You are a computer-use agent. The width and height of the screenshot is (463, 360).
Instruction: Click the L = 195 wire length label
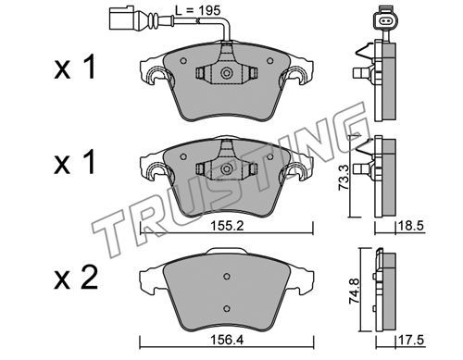[198, 10]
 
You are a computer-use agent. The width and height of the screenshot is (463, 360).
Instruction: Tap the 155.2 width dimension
[227, 226]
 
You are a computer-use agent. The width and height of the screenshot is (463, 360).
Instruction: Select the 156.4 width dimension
[227, 341]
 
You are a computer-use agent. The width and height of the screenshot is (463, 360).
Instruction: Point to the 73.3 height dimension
[344, 177]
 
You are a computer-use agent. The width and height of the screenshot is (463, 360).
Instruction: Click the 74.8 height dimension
[354, 292]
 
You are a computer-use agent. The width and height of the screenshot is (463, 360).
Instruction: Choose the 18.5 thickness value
[411, 226]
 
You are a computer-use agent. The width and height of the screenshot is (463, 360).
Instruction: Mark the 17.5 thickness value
[411, 341]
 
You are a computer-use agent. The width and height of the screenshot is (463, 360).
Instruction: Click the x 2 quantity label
[76, 278]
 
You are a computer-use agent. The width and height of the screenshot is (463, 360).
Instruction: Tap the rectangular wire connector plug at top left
[120, 19]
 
